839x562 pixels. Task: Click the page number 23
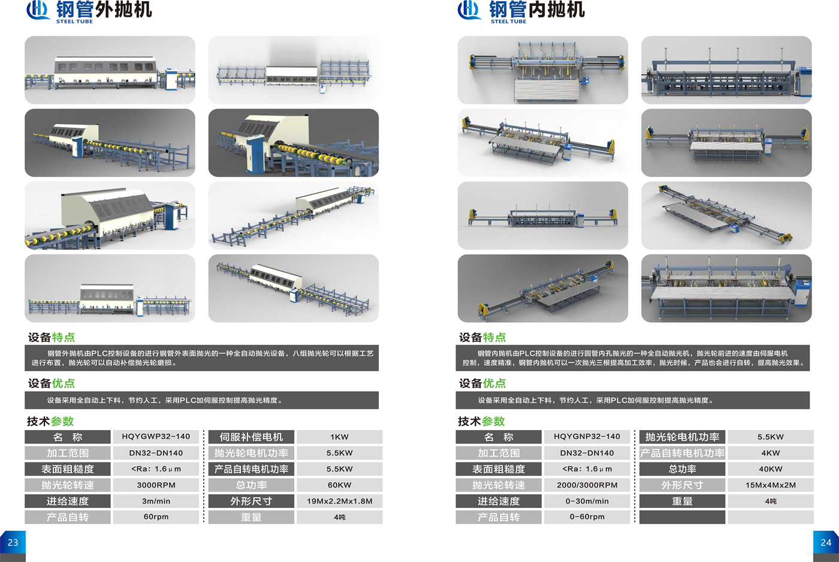[x=13, y=542]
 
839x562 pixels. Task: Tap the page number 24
[x=826, y=542]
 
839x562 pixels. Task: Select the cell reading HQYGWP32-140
[x=156, y=437]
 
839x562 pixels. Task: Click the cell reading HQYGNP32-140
[x=587, y=437]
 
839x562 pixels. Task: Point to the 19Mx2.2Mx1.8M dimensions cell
[x=339, y=501]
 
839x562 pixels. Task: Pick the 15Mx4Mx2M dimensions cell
[x=771, y=485]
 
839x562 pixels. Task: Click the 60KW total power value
[x=339, y=485]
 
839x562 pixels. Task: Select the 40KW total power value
[x=771, y=469]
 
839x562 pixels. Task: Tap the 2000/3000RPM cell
[x=587, y=485]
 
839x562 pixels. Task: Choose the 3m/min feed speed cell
[x=156, y=501]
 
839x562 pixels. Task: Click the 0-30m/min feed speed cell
[x=587, y=501]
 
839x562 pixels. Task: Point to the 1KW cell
[x=339, y=437]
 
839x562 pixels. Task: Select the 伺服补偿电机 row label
[x=251, y=437]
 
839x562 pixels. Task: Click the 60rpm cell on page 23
[x=156, y=517]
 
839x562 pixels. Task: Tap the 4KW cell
[x=771, y=453]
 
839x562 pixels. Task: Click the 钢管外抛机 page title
[x=104, y=10]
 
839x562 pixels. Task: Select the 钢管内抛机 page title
[x=537, y=10]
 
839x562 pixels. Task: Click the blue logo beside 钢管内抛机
[x=469, y=10]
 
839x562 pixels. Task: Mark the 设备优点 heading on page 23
[x=52, y=383]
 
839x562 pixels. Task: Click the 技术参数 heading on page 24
[x=481, y=422]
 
